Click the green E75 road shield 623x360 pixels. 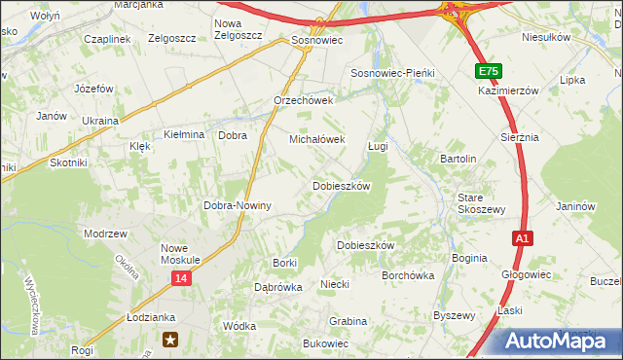click(489, 72)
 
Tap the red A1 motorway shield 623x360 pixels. click(523, 237)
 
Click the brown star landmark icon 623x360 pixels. click(171, 340)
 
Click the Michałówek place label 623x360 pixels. click(316, 139)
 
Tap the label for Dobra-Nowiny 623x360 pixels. click(237, 205)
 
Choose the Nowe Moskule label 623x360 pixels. click(180, 254)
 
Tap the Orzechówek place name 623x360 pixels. click(304, 100)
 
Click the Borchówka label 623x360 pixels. click(408, 275)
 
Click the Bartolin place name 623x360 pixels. click(458, 159)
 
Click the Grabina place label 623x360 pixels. click(348, 320)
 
